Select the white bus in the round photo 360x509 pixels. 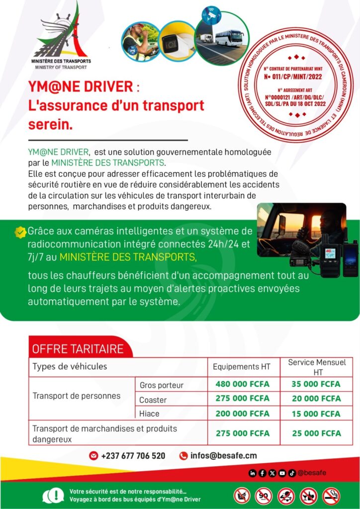(230, 38)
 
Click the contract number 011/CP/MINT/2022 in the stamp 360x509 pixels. (295, 78)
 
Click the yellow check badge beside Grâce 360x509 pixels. (20, 232)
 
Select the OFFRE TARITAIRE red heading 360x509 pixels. (78, 348)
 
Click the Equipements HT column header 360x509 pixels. (242, 367)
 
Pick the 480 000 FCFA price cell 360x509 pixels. (242, 384)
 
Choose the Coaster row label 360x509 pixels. (153, 400)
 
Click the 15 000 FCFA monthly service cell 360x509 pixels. (317, 414)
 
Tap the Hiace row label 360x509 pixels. (150, 414)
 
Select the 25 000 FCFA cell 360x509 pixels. (317, 433)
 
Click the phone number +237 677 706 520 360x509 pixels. (133, 456)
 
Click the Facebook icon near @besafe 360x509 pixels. (263, 473)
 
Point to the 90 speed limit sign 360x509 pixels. (264, 496)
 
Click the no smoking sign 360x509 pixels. (331, 496)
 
